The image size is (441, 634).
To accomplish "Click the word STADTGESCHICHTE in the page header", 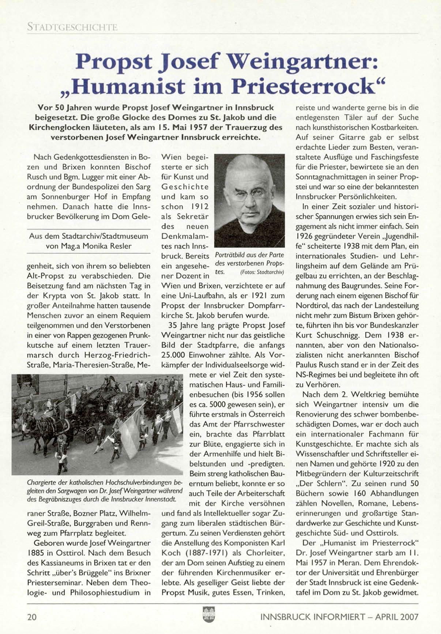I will click(x=72, y=27).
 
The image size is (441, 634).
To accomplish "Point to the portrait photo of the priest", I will click(x=249, y=201).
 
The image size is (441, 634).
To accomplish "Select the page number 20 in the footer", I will click(x=32, y=617).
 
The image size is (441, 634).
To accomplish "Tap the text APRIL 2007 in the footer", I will click(x=396, y=617).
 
